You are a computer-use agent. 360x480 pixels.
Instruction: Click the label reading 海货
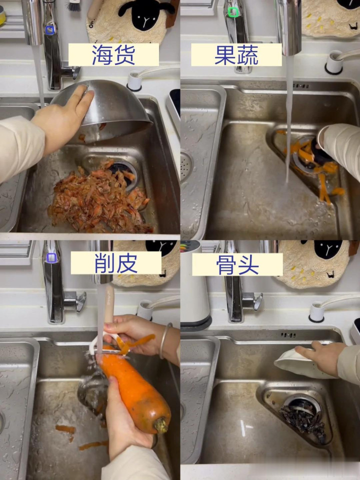click(113, 55)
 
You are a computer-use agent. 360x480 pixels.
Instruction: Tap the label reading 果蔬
click(236, 55)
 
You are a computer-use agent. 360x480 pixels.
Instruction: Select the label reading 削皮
click(116, 263)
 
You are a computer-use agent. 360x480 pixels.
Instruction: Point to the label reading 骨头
click(237, 265)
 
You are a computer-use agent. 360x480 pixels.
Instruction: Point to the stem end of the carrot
click(161, 425)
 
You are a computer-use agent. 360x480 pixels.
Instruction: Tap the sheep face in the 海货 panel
click(144, 14)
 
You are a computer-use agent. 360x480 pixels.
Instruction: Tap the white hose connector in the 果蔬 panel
click(334, 62)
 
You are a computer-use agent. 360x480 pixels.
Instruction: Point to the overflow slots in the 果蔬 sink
click(300, 86)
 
